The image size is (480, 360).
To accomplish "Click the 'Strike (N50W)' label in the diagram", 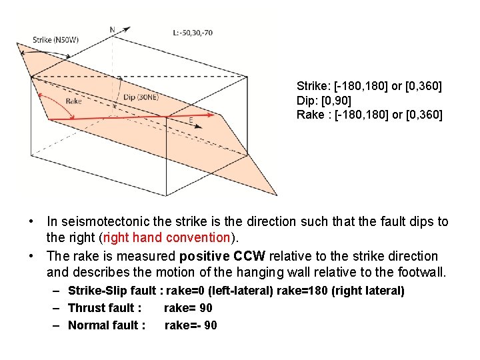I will [56, 40].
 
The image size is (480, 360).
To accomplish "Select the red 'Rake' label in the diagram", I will [74, 101].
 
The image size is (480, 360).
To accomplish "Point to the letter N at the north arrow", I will [112, 29].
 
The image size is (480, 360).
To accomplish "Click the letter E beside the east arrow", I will [191, 120].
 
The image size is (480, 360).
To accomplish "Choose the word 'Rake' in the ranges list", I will [309, 115].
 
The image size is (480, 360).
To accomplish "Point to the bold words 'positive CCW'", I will [227, 256].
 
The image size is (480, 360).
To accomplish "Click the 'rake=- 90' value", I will [191, 325].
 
